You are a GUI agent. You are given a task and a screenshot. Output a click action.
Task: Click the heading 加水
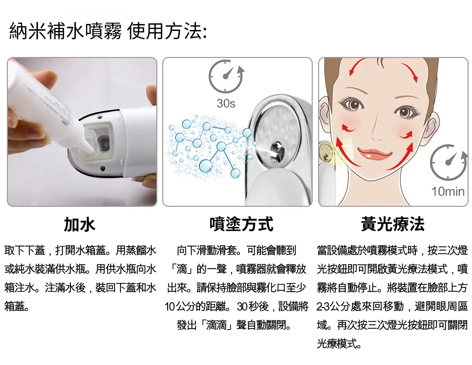pyautogui.click(x=80, y=224)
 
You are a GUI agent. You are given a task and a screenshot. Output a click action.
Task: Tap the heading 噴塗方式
pyautogui.click(x=241, y=224)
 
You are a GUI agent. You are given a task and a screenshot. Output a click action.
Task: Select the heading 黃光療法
pyautogui.click(x=393, y=224)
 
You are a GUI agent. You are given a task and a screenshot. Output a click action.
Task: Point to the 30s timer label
pyautogui.click(x=226, y=104)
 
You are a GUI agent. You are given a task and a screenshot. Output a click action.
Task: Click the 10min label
pyautogui.click(x=448, y=191)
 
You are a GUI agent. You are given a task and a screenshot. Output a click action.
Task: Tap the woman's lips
pyautogui.click(x=375, y=154)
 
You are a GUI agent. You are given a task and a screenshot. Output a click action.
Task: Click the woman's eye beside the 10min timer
pyautogui.click(x=406, y=112)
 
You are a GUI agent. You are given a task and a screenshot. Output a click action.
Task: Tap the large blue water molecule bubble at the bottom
pyautogui.click(x=206, y=166)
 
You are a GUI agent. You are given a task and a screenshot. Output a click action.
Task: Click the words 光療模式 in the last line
pyautogui.click(x=337, y=344)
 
